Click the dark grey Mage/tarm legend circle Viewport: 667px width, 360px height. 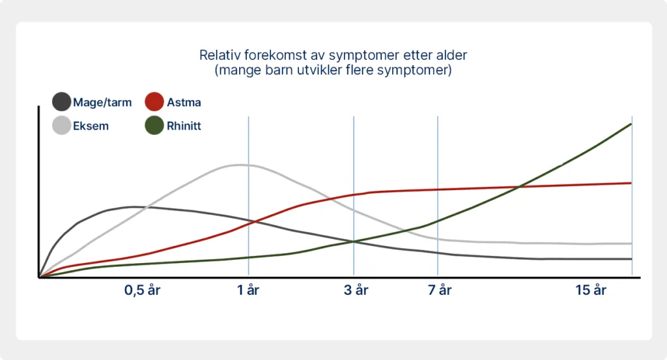[x=61, y=102]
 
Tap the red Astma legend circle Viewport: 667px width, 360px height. [x=154, y=102]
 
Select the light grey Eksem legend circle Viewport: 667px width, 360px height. [x=61, y=126]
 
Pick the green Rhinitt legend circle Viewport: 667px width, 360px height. [x=154, y=126]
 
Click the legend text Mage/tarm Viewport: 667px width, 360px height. [x=102, y=102]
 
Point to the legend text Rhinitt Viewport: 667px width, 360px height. [x=184, y=126]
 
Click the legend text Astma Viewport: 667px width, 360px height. [x=184, y=102]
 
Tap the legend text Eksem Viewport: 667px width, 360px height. [x=91, y=126]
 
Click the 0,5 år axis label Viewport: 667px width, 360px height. [x=142, y=290]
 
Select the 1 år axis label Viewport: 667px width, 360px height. [x=248, y=290]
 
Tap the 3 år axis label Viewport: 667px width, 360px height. [x=356, y=290]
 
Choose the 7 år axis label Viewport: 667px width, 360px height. [x=440, y=290]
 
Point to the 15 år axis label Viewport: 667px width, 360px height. [x=591, y=290]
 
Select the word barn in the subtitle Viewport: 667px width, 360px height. [x=276, y=70]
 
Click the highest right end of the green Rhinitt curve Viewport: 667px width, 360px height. [x=631, y=124]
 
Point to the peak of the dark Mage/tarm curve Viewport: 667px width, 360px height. [x=133, y=207]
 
